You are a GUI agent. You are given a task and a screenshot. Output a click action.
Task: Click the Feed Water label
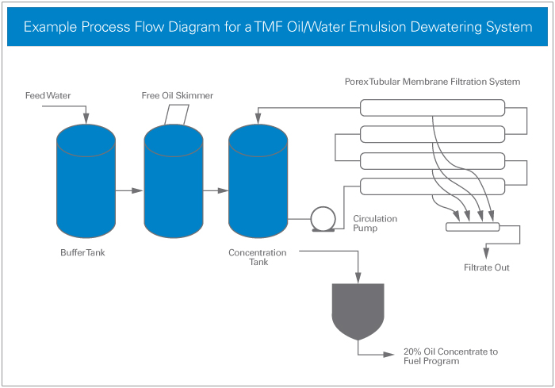point(48,96)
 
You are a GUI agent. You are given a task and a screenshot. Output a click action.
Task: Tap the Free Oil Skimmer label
point(177,96)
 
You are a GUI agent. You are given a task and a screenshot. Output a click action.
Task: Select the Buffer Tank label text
point(82,254)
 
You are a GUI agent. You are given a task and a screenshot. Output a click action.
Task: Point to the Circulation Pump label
point(375,223)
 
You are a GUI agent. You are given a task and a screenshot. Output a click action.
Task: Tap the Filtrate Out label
point(486,267)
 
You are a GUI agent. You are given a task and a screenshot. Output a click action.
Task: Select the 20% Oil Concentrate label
point(451,355)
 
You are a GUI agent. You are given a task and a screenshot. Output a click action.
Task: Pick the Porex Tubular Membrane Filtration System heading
point(432,82)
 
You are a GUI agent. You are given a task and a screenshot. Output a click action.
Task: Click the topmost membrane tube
point(432,107)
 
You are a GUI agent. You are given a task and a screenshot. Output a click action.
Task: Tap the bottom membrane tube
point(432,187)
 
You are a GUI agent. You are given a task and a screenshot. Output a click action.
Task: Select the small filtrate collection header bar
point(473,227)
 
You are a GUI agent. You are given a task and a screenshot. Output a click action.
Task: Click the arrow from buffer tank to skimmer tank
point(129,190)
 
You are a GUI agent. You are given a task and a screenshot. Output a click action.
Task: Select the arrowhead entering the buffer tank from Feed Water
point(86,120)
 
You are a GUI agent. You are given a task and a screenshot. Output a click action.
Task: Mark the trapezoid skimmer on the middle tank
point(175,115)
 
